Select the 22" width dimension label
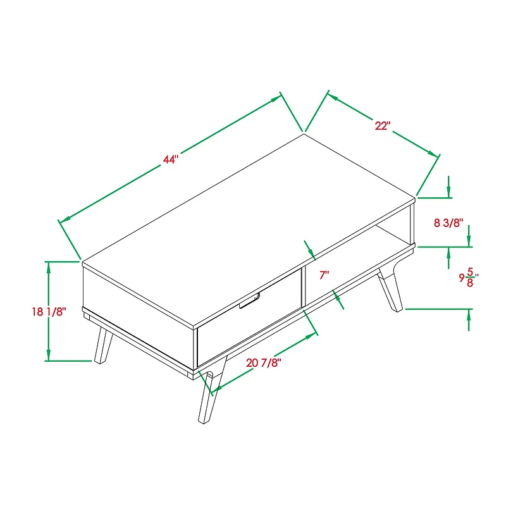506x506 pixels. tap(381, 126)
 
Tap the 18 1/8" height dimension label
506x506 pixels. tap(48, 311)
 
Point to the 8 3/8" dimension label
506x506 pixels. tap(448, 223)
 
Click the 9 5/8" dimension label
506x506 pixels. tap(467, 276)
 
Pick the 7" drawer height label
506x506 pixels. tap(324, 275)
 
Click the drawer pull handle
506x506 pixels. tap(251, 302)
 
